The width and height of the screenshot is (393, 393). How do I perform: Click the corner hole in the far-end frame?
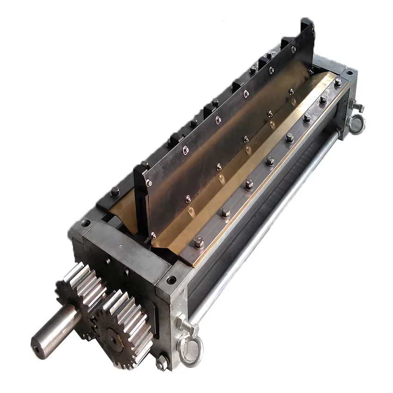tap(349, 73)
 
